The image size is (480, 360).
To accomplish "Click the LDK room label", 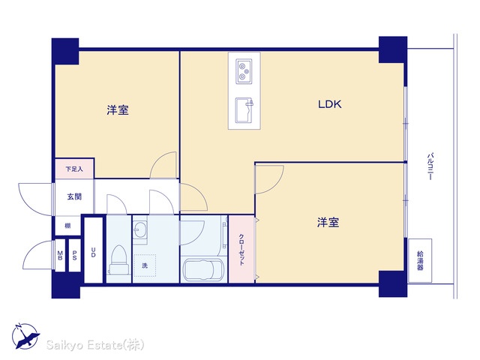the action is tap(330, 104).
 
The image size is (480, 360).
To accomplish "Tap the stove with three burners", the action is tap(244, 71).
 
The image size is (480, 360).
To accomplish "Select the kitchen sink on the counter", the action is tap(244, 110).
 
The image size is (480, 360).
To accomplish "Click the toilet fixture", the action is tap(118, 259).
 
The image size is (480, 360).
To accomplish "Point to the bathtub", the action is tap(202, 270).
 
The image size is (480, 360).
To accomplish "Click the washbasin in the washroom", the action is tap(140, 229).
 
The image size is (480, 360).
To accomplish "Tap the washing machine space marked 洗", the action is tap(145, 265).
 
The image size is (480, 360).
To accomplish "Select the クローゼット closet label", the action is tap(241, 250).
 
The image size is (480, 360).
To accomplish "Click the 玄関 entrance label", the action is tap(74, 196).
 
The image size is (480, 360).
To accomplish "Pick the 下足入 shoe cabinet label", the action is tap(74, 169).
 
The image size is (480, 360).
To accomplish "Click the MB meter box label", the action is tap(60, 255).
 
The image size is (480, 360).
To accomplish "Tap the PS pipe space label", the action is tap(74, 255).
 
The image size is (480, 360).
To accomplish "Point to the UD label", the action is tap(93, 253).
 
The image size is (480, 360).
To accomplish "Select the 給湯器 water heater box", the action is tap(420, 260).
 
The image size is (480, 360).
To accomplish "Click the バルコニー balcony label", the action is tap(430, 166).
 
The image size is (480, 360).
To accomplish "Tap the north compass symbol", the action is tap(25, 336).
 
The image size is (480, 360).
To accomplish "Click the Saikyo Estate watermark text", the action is tap(95, 345).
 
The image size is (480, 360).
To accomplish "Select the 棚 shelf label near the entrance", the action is tap(67, 226).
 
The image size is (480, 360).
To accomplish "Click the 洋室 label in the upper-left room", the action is tap(118, 110).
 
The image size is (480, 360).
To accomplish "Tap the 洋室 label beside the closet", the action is tap(328, 223).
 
